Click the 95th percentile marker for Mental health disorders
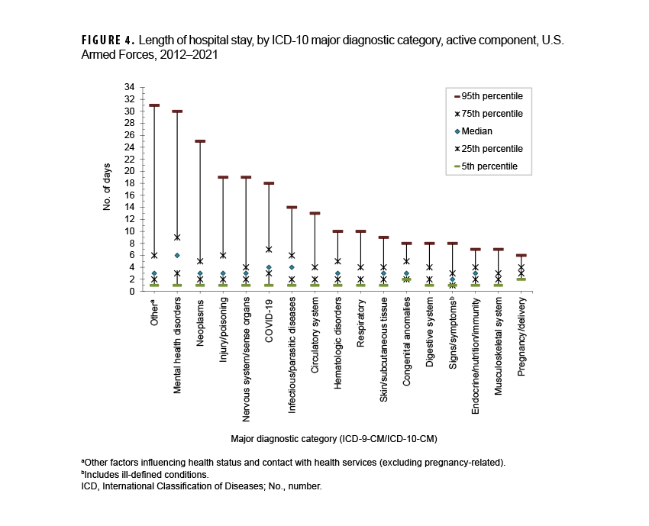pos(177,111)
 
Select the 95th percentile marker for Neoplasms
pos(200,141)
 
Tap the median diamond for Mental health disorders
pos(177,255)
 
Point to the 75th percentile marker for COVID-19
pos(269,249)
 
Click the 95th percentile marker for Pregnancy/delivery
pos(521,255)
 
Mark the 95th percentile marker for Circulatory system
pos(315,213)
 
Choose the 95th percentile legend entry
pos(489,96)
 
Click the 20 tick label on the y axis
pos(130,171)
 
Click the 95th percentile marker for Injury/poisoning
pos(223,177)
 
